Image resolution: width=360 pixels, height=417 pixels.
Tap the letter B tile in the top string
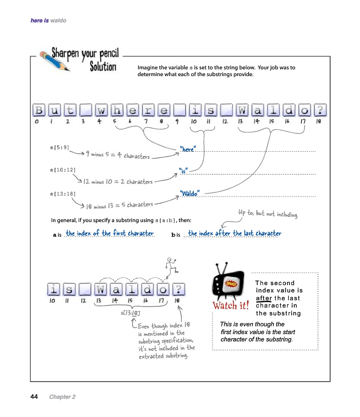[x=39, y=111]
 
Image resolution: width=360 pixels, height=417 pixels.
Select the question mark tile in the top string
[x=320, y=111]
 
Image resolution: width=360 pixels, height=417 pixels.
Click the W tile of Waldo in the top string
[x=242, y=111]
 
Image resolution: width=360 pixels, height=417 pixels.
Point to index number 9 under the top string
[x=177, y=121]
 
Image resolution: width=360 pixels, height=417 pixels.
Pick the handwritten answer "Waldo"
[x=190, y=193]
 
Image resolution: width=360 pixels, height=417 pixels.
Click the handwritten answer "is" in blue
[x=183, y=170]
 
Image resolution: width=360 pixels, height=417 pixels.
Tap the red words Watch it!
[x=230, y=305]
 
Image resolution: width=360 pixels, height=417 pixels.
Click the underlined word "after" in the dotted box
[x=264, y=298]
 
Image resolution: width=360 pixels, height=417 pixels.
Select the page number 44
[x=34, y=397]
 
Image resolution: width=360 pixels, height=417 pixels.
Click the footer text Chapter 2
[x=63, y=397]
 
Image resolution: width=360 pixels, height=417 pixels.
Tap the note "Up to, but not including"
[x=268, y=214]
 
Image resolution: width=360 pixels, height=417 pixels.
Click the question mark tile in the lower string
[x=178, y=289]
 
